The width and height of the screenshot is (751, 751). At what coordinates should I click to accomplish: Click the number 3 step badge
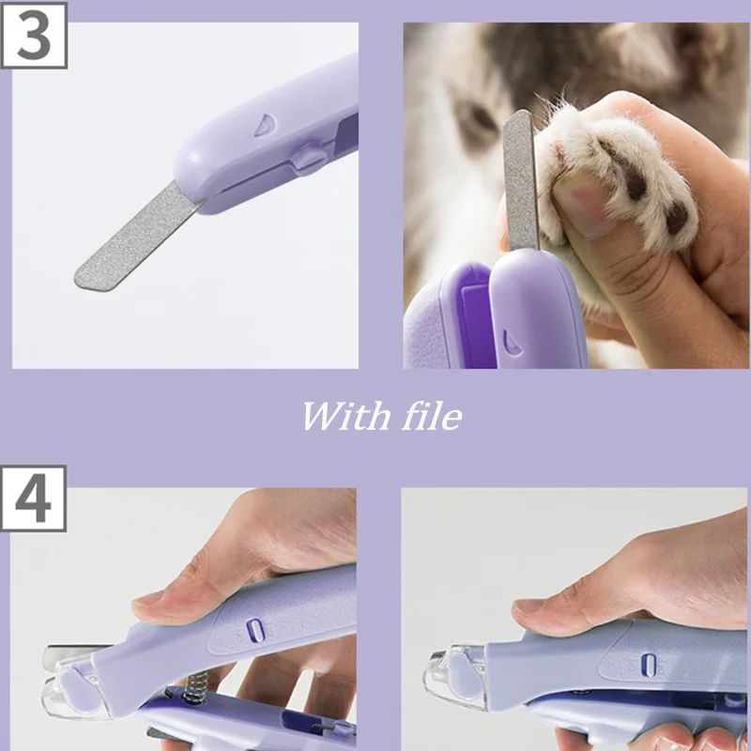[x=34, y=36]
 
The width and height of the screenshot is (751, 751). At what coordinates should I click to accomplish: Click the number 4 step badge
[x=33, y=498]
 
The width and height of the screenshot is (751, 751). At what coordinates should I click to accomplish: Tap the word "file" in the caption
[x=432, y=416]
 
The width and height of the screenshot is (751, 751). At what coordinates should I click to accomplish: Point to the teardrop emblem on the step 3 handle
[x=265, y=125]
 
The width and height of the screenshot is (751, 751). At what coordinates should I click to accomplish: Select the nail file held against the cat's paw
[x=521, y=179]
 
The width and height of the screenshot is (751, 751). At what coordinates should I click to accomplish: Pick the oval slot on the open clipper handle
[x=255, y=630]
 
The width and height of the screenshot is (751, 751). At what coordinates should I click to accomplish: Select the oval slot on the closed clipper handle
[x=649, y=666]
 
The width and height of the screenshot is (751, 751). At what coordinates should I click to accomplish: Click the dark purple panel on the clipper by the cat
[x=475, y=326]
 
